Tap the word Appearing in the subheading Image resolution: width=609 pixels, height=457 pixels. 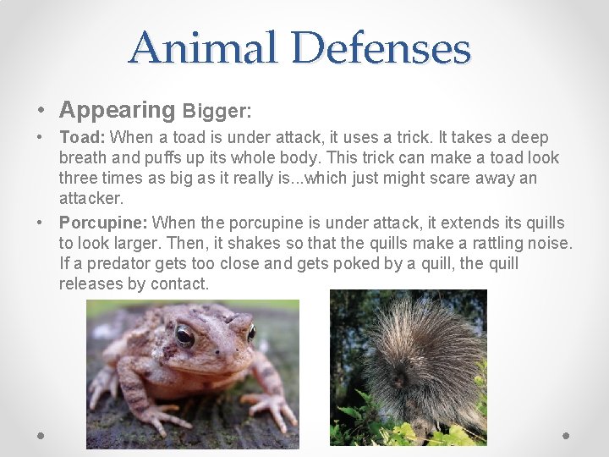pos(117,110)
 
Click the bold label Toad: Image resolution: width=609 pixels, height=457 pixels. pos(82,137)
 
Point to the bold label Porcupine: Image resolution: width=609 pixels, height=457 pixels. pos(103,223)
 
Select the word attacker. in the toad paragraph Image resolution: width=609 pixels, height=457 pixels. pos(91,198)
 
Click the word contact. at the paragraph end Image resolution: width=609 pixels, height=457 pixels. pos(179,284)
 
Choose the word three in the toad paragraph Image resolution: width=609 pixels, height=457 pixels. pos(78,179)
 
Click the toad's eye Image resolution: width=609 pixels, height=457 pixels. pos(184,336)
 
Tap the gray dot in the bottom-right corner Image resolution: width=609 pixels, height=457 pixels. pos(567,435)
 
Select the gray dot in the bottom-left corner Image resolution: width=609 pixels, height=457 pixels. pos(41,435)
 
